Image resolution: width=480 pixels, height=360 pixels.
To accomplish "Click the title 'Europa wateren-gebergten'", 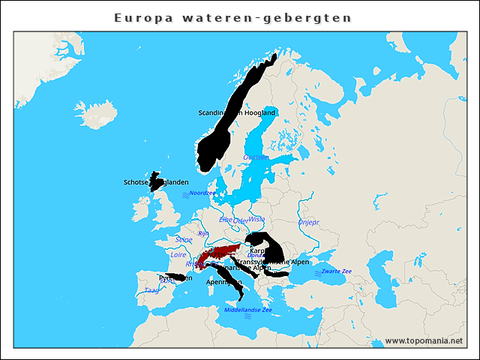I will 232,16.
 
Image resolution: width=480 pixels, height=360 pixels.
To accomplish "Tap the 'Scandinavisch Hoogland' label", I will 237,112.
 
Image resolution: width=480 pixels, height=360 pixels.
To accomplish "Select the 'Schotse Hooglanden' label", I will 156,182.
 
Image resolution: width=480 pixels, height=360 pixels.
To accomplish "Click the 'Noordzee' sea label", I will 202,193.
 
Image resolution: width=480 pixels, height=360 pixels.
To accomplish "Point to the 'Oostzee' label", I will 256,157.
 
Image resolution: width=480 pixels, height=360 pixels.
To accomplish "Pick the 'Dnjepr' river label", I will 308,222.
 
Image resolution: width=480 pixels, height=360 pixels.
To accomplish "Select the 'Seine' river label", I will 184,239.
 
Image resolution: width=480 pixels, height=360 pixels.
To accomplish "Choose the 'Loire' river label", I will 178,255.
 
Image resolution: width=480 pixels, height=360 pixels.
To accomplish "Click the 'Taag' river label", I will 151,289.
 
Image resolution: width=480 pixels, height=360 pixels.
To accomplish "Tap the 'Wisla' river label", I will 257,220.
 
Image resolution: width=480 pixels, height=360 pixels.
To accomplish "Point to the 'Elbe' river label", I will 226,220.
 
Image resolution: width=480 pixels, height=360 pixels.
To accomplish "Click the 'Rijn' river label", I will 202,233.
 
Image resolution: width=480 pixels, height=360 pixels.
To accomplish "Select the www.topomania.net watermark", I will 424,340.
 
